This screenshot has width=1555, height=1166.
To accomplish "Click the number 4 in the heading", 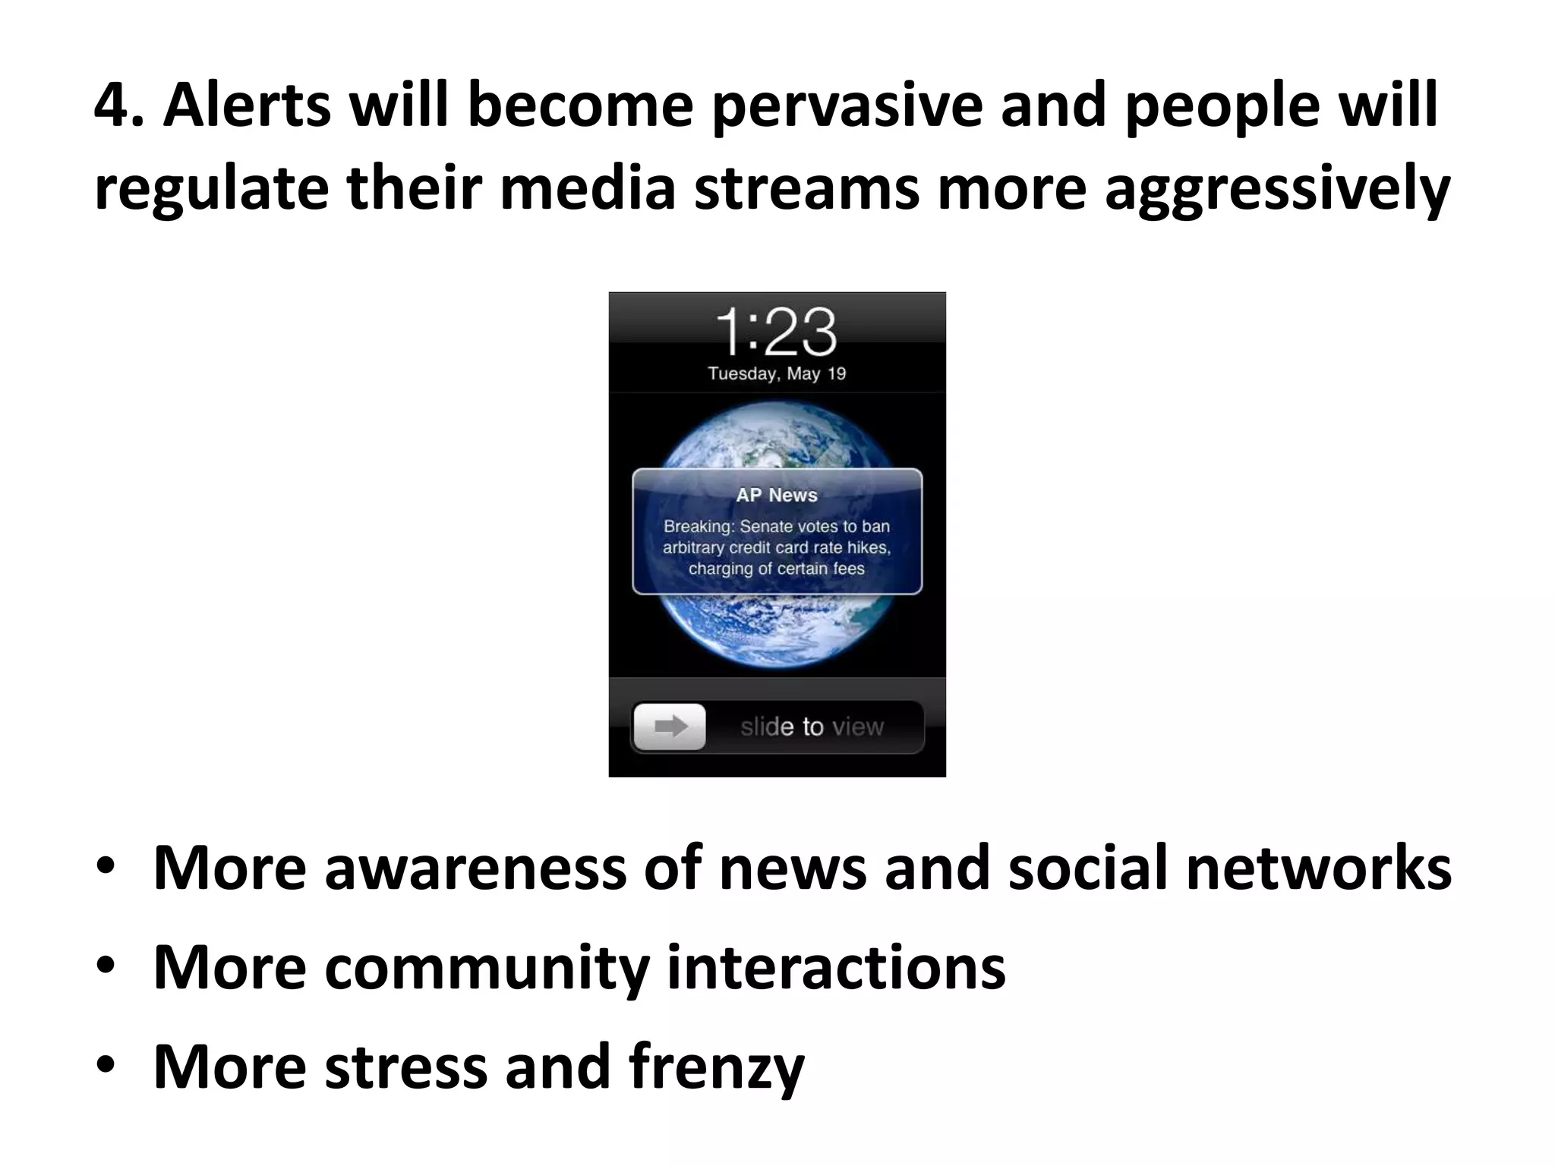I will [112, 106].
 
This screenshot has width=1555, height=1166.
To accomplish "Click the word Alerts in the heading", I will [247, 106].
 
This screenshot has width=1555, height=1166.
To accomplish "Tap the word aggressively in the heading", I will [1277, 190].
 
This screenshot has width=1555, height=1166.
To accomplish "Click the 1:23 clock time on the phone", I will [776, 332].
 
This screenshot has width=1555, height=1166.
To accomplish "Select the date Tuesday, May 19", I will [777, 373].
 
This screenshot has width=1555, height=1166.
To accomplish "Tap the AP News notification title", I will [777, 495].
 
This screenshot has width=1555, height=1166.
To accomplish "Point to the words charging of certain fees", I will [777, 569].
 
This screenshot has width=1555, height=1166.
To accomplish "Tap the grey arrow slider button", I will [670, 726].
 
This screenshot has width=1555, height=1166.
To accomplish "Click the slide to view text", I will [812, 726].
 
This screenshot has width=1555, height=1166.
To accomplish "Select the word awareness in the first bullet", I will [475, 868].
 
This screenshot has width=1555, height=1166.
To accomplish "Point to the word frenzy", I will [716, 1066].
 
